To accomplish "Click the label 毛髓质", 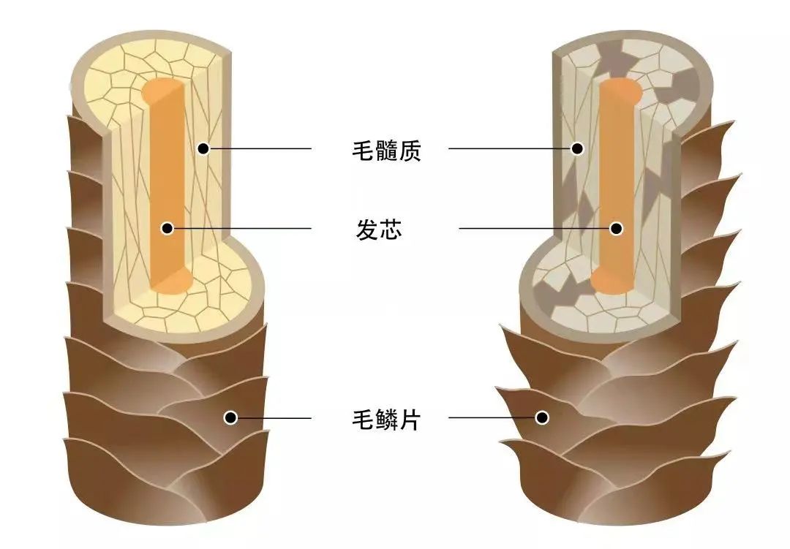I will tap(385, 151).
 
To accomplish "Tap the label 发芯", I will tap(378, 230).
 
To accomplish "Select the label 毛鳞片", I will tap(385, 420).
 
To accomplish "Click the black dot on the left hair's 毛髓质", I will tap(203, 148).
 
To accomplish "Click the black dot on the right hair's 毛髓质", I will tap(577, 148).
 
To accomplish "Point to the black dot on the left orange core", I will tap(168, 228).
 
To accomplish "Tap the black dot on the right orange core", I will tap(616, 228).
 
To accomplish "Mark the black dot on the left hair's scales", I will tap(230, 418).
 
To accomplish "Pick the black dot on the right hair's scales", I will tap(542, 418).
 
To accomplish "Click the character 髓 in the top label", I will tap(385, 151).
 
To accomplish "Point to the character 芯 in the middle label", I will tap(390, 230).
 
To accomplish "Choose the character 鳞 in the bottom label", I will tap(385, 420).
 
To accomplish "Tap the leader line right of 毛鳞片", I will tap(490, 418).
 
